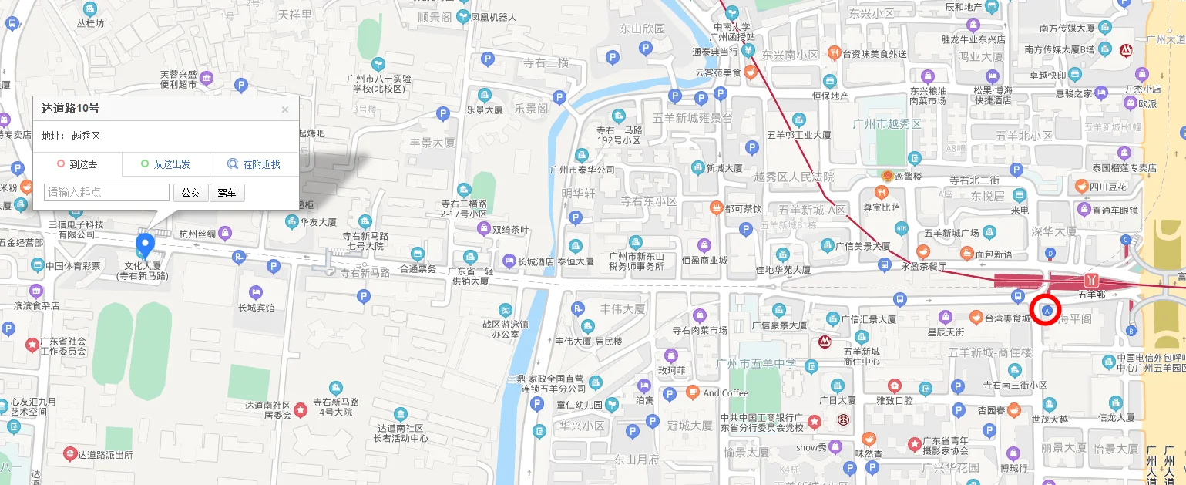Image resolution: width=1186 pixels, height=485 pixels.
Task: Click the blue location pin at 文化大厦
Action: click(145, 246)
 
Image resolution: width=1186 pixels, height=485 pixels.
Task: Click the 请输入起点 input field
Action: click(107, 192)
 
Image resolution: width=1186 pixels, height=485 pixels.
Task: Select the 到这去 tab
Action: click(77, 164)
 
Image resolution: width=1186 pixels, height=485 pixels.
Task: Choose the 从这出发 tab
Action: click(166, 164)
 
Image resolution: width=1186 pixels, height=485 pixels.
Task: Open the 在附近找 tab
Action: click(254, 164)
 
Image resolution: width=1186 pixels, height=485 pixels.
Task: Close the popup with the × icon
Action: click(285, 109)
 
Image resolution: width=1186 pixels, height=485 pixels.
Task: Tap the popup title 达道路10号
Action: click(70, 109)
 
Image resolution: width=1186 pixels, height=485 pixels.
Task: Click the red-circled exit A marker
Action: click(1047, 309)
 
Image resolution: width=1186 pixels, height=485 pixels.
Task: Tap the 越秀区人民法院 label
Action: click(795, 177)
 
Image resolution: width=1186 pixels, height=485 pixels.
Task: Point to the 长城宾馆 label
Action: click(256, 308)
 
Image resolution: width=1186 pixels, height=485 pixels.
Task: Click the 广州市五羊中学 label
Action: click(755, 363)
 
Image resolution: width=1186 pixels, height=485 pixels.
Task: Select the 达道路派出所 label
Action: click(105, 454)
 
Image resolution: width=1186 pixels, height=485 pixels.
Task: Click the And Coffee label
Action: click(725, 393)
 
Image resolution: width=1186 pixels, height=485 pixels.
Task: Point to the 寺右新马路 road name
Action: click(365, 273)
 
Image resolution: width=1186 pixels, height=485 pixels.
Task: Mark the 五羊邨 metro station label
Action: click(1091, 295)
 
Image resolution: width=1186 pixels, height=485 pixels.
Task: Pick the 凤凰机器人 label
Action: click(492, 16)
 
